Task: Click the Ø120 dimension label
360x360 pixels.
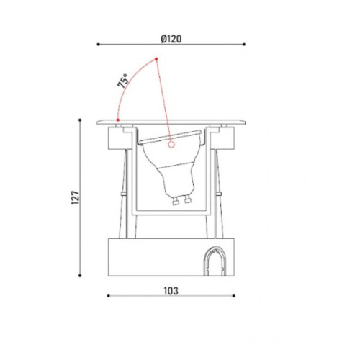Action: tap(171, 39)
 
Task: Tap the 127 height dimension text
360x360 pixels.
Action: tap(75, 197)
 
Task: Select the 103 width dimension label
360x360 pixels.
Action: tap(171, 291)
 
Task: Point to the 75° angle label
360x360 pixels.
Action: tap(122, 81)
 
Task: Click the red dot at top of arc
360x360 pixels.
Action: tap(156, 59)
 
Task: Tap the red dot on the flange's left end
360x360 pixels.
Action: tap(118, 120)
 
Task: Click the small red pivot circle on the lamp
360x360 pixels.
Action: tap(171, 145)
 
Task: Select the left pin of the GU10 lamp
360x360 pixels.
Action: tap(176, 202)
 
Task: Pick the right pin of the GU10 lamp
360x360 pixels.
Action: tap(187, 199)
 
